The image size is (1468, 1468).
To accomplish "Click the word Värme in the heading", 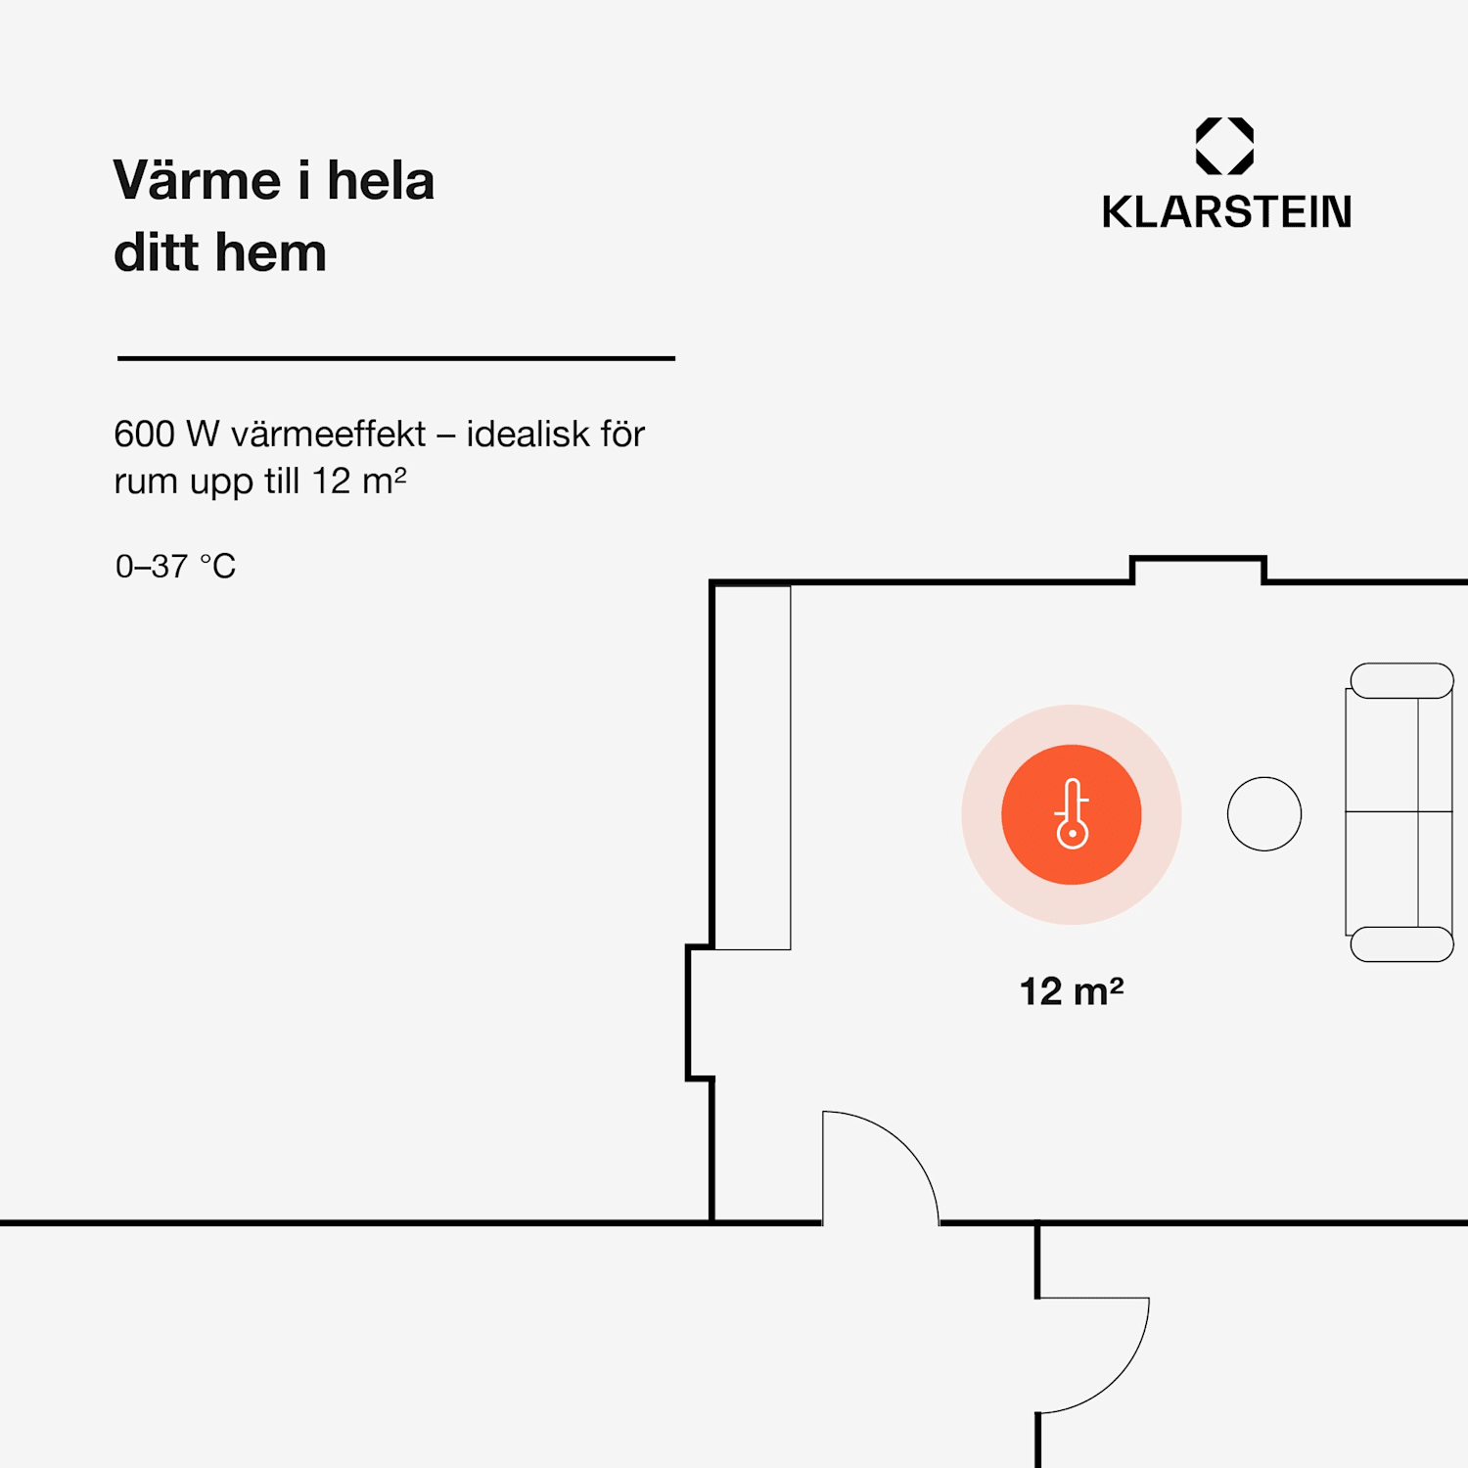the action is [x=198, y=181].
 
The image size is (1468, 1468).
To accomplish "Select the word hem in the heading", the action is [x=270, y=252].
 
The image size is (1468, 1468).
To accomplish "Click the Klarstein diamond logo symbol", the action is [x=1224, y=146].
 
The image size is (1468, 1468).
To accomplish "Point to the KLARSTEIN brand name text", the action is [x=1226, y=212].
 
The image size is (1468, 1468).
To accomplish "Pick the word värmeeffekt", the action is [x=329, y=434].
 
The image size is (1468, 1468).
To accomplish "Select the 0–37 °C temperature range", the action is [x=175, y=567].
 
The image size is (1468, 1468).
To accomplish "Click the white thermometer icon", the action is [x=1073, y=814].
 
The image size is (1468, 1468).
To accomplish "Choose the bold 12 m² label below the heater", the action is [x=1072, y=991].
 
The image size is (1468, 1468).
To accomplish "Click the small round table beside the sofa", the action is [x=1264, y=814].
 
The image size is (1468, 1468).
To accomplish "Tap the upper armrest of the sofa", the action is [x=1401, y=681].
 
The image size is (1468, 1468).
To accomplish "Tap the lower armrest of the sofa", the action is [x=1401, y=944].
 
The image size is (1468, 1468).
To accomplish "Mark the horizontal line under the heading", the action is [x=396, y=358].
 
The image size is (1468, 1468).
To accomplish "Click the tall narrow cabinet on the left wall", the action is [x=753, y=767].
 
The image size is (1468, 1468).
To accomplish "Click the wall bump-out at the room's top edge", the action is [x=1198, y=560].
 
